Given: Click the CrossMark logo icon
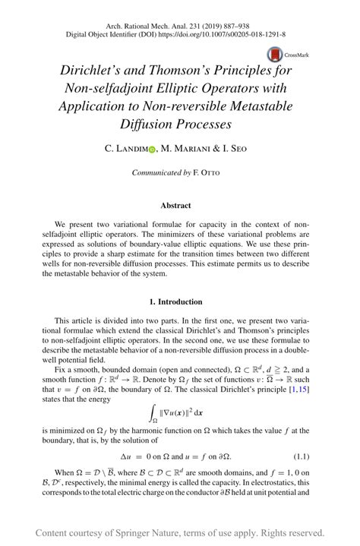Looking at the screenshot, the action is pyautogui.click(x=273, y=55).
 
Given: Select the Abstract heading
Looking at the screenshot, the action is pyautogui.click(x=180, y=205).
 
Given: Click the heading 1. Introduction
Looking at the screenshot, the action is pyautogui.click(x=180, y=301).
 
